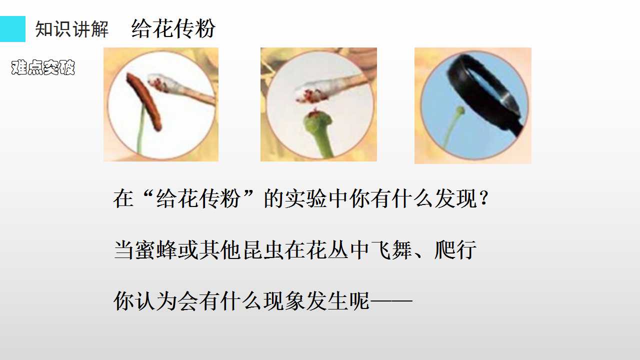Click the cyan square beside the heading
12,29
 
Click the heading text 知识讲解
72,29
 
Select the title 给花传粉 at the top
173,28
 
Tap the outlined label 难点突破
43,67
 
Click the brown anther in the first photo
144,101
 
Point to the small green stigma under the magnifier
460,110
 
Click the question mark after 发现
484,198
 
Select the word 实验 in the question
305,198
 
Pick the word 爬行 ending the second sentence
455,249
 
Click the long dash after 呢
391,301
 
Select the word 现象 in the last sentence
284,301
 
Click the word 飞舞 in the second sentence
391,249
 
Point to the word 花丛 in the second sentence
327,249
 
